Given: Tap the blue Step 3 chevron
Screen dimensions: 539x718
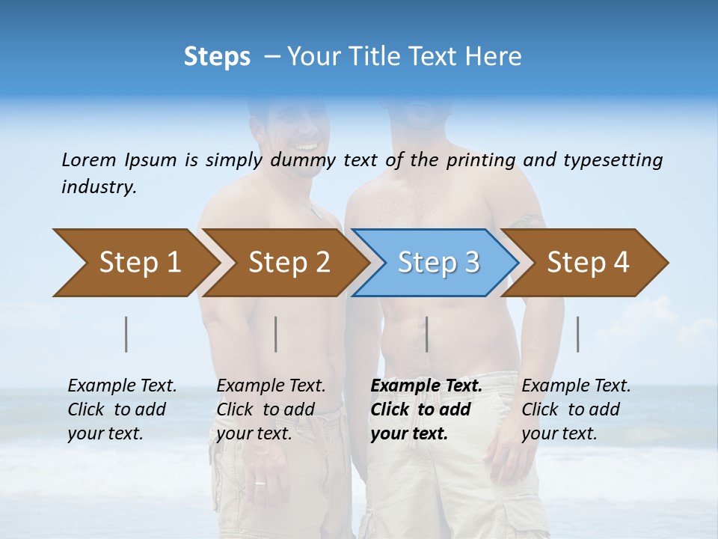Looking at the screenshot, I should click(x=438, y=263).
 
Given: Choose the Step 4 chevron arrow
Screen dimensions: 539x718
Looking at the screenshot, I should click(x=587, y=263).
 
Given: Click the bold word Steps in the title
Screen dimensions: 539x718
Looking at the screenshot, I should click(x=217, y=56).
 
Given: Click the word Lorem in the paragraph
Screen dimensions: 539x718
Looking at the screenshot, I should click(x=89, y=159).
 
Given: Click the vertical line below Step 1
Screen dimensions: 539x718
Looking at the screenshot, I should click(x=126, y=334).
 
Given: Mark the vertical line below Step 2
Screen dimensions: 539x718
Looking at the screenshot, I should click(x=276, y=334).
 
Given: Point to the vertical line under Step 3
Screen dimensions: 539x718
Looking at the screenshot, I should click(x=426, y=334).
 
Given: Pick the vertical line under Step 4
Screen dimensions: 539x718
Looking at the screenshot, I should click(x=577, y=334).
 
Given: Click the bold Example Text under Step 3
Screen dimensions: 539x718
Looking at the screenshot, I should click(x=426, y=386).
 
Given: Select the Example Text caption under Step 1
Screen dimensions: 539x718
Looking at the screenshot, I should click(x=122, y=386).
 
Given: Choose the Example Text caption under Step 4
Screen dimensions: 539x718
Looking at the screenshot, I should click(x=576, y=386).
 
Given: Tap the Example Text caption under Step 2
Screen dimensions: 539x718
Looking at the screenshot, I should click(x=271, y=386).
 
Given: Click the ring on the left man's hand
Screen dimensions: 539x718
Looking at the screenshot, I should click(x=260, y=482).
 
